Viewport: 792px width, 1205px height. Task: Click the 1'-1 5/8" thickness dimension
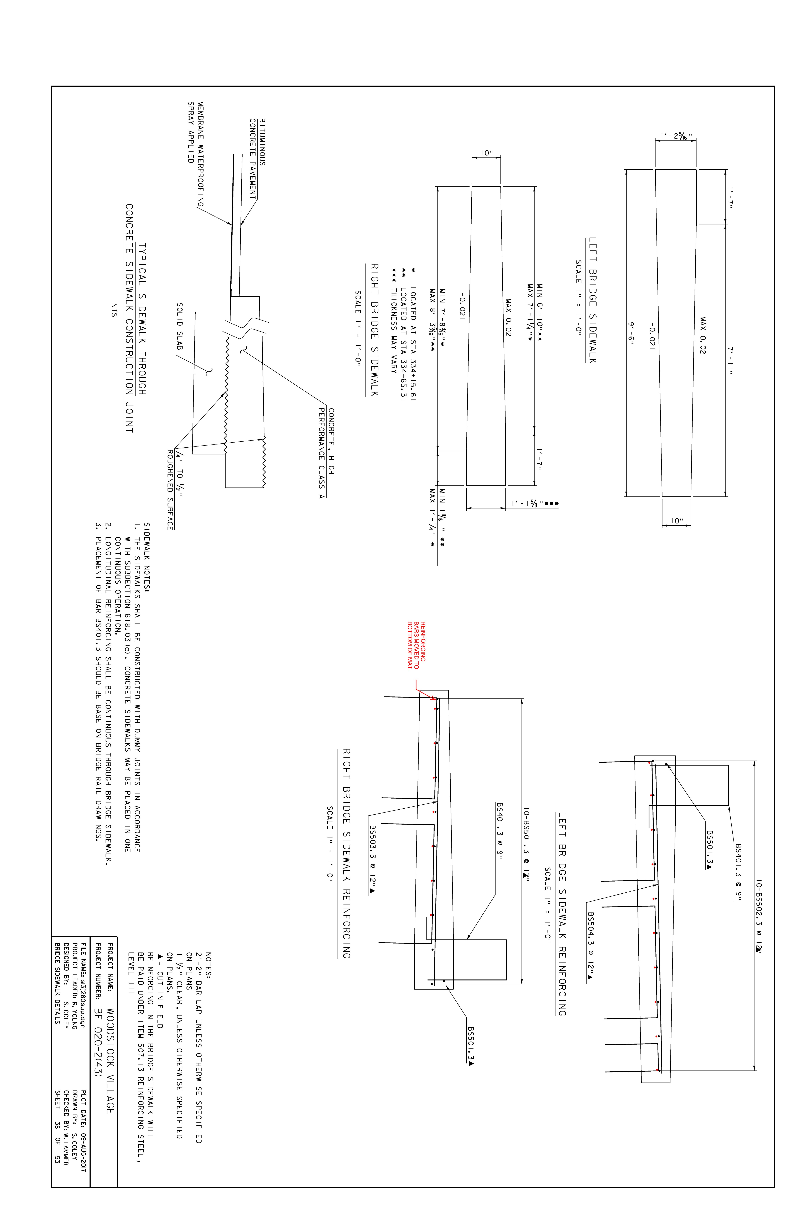[x=535, y=504]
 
